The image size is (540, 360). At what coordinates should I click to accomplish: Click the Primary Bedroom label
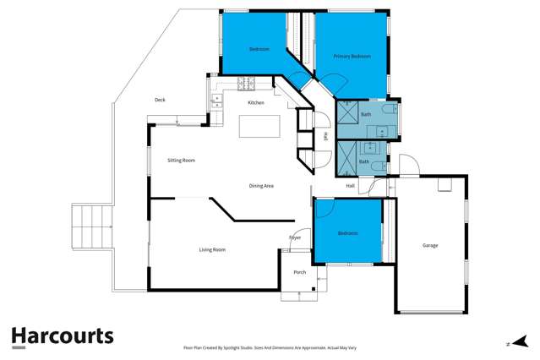tap(352, 57)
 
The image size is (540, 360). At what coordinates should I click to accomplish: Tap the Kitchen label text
tap(255, 102)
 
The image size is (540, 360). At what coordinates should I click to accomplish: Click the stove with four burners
tap(246, 83)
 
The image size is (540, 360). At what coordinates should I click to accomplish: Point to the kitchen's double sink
tap(215, 100)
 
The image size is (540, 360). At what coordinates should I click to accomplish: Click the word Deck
tap(159, 100)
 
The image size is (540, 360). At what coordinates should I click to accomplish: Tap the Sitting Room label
tap(181, 159)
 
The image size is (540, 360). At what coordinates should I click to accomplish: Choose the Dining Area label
tap(260, 185)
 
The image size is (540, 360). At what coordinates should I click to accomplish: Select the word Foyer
tap(295, 237)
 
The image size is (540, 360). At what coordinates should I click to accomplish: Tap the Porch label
tap(299, 272)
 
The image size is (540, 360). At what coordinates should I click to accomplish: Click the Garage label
tap(430, 245)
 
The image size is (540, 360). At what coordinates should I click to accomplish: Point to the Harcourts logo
tap(62, 336)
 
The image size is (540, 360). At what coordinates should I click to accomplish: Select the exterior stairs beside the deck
tap(92, 227)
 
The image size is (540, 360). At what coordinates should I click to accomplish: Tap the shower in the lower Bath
tap(346, 155)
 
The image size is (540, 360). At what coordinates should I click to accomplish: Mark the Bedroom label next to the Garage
tap(347, 232)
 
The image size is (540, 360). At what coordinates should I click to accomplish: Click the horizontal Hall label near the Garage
tap(350, 185)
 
